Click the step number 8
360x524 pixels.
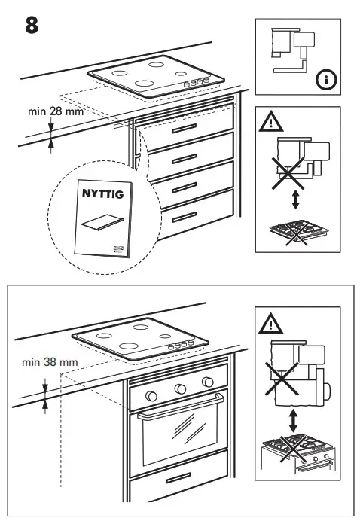31,24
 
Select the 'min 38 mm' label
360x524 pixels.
49,362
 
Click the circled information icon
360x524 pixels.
324,81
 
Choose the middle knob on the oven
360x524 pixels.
180,388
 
